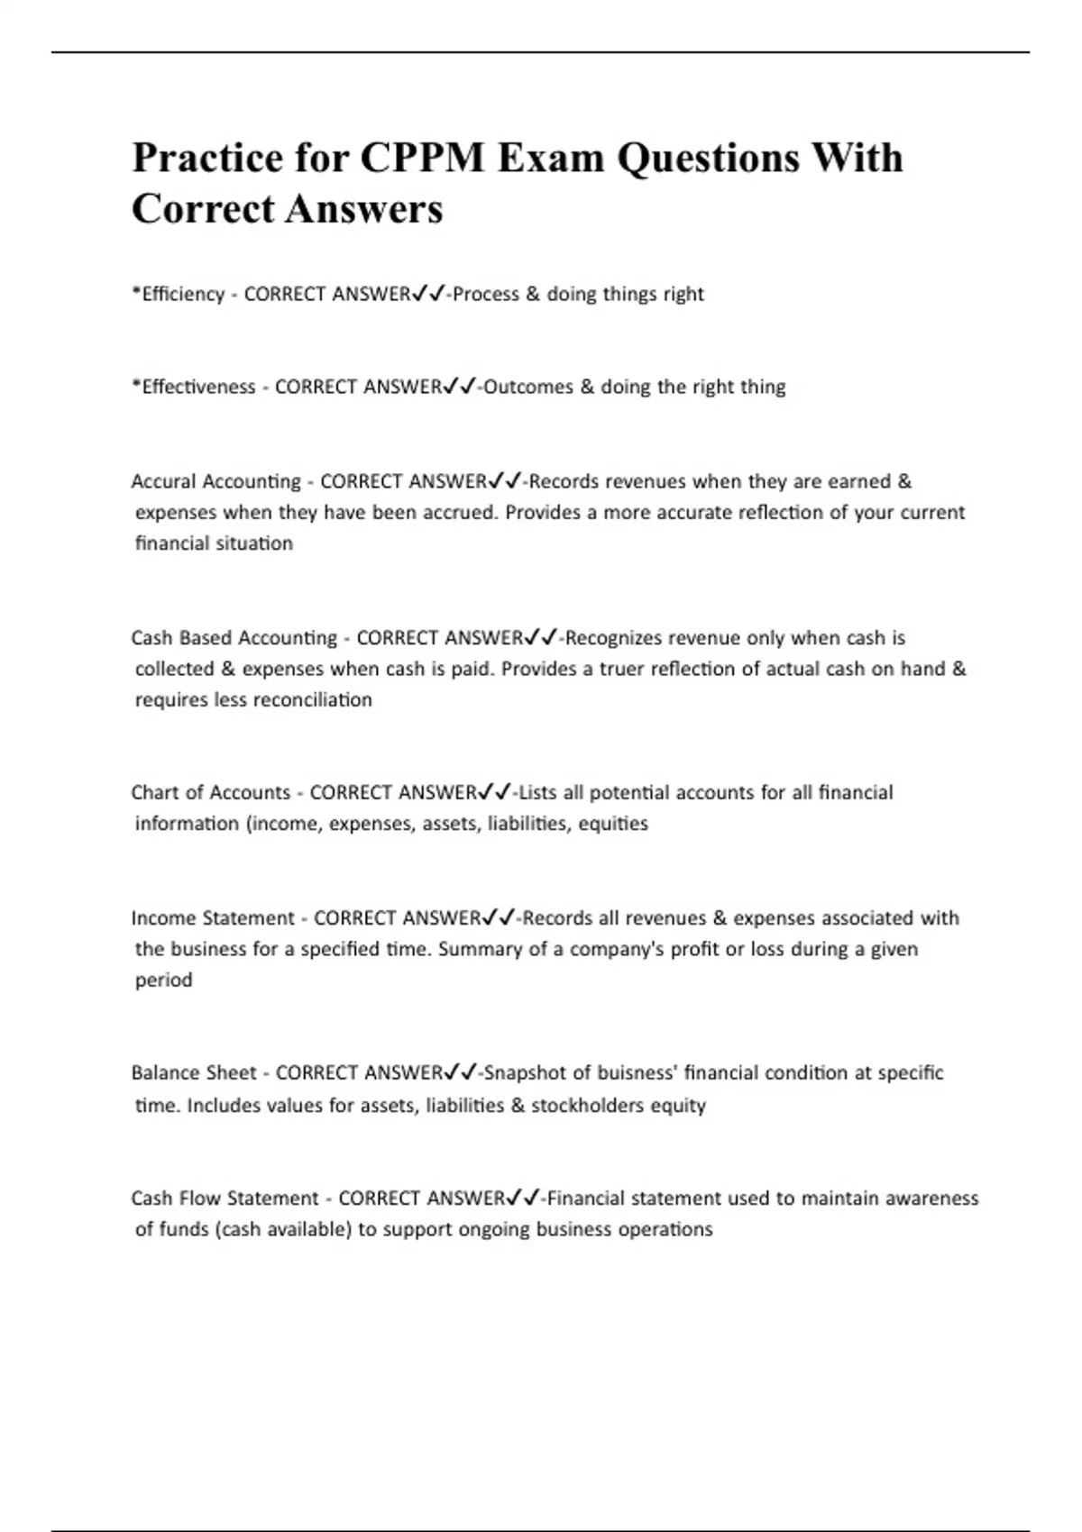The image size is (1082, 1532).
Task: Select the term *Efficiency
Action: (x=178, y=294)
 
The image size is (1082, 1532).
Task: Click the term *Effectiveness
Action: (x=193, y=387)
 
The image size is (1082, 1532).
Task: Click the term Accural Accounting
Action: (x=215, y=481)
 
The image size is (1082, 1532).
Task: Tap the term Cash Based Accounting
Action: (x=234, y=638)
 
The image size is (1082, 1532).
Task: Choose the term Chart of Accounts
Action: (x=210, y=792)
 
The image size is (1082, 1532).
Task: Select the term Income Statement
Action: (x=213, y=917)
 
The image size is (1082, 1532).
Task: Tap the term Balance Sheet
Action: (x=194, y=1072)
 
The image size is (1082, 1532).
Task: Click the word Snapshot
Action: (x=525, y=1072)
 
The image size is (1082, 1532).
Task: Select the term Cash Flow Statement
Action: (x=225, y=1198)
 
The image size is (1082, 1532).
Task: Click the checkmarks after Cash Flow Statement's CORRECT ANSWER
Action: (x=523, y=1198)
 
